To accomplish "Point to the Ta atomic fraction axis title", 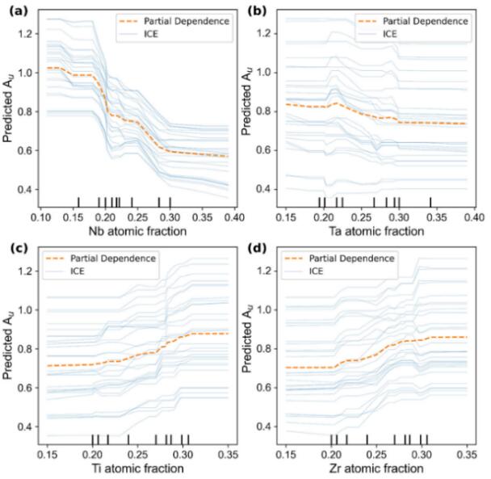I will (x=377, y=232).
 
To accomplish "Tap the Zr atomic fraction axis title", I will (x=377, y=469).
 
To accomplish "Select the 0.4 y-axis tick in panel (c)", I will (x=28, y=426).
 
